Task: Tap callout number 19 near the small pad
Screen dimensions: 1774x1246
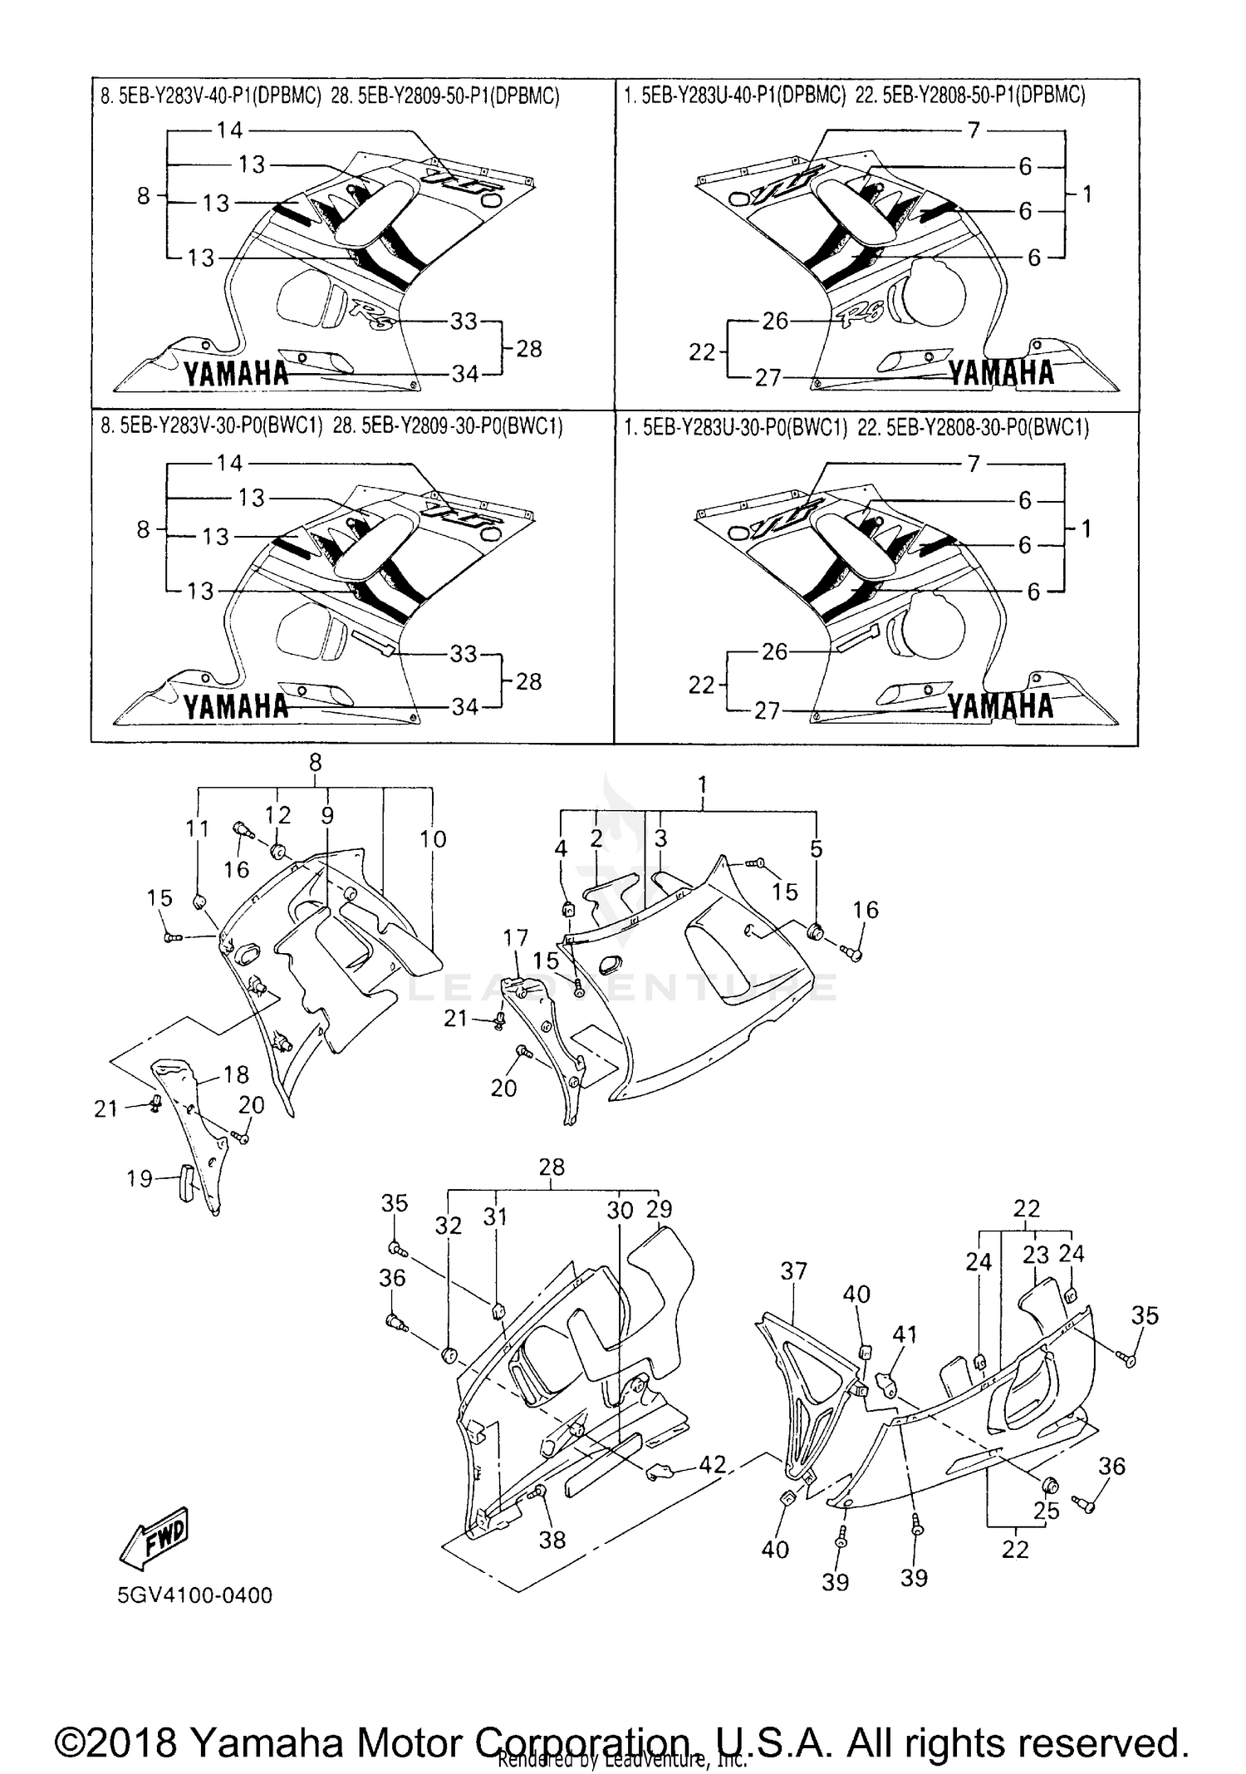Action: pyautogui.click(x=140, y=1177)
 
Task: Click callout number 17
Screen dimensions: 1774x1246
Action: pyautogui.click(x=515, y=938)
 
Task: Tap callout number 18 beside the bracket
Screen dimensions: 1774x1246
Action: pyautogui.click(x=236, y=1074)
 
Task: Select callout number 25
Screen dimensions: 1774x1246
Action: pyautogui.click(x=1046, y=1510)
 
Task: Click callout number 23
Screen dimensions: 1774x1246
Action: pyautogui.click(x=1035, y=1256)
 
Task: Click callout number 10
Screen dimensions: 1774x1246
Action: pyautogui.click(x=433, y=839)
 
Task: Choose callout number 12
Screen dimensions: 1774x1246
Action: pyautogui.click(x=277, y=815)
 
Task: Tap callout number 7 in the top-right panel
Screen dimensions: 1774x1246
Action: pyautogui.click(x=974, y=130)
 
